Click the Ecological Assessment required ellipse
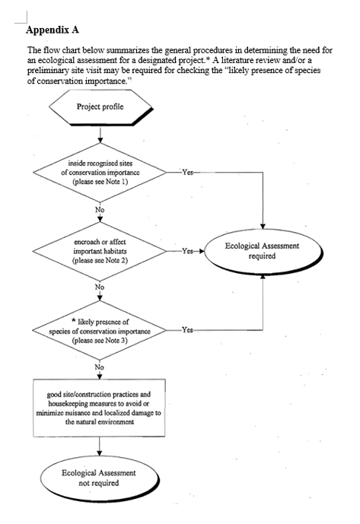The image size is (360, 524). (263, 251)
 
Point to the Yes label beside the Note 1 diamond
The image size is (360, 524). (187, 172)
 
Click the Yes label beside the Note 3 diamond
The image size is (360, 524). (187, 331)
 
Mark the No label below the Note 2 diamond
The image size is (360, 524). (100, 287)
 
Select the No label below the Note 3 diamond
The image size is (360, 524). (100, 367)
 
